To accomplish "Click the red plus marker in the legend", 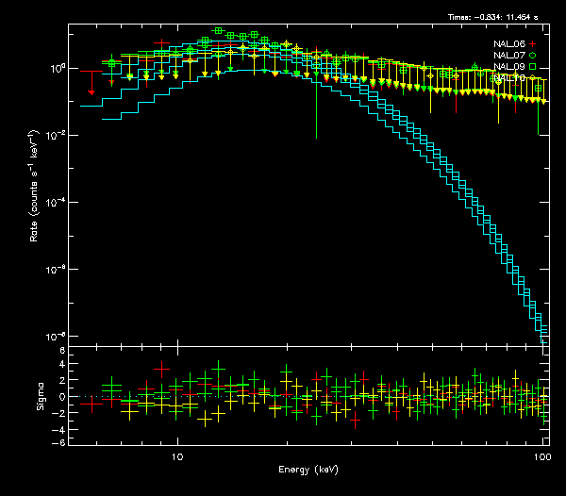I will tap(533, 44).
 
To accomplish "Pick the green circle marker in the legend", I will tap(533, 56).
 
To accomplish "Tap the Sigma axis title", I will tap(40, 396).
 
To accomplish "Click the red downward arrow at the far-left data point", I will tap(91, 92).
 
